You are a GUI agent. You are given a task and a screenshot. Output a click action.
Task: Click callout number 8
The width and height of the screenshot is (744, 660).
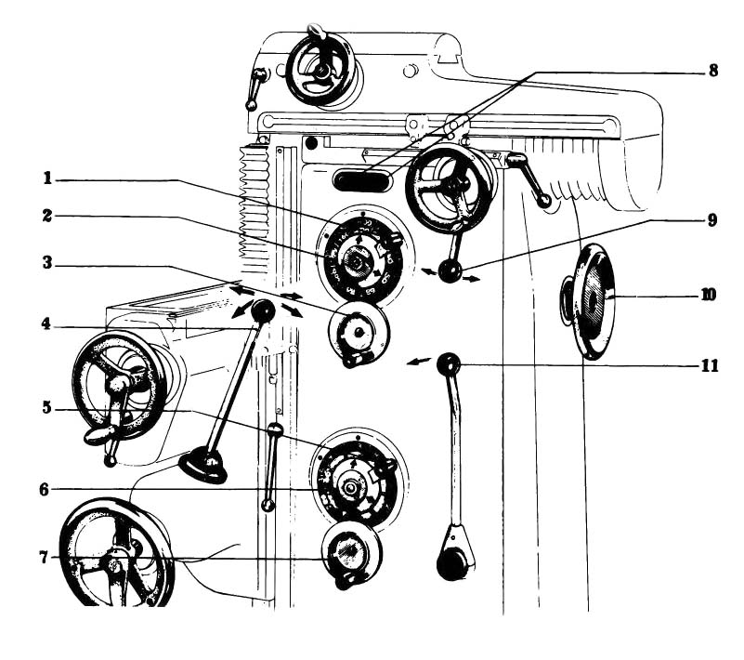[x=712, y=69]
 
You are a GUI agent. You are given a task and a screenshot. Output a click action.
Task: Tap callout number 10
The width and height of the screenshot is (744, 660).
[x=709, y=297]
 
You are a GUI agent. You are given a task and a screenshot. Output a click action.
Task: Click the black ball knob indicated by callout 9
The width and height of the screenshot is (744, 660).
[x=450, y=272]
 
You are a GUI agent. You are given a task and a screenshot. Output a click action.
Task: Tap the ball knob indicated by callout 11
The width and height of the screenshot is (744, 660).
[x=449, y=364]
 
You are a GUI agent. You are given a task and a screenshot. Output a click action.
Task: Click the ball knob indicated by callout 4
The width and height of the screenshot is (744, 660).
[x=263, y=311]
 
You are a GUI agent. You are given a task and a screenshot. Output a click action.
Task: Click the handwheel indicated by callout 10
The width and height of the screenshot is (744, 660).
[x=591, y=301]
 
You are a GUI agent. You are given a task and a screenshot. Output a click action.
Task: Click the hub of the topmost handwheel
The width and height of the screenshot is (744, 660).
[x=320, y=69]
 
